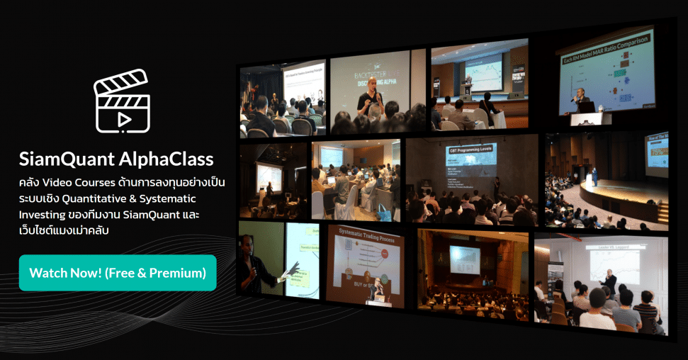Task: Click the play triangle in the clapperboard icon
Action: (x=124, y=119)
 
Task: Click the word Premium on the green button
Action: (x=175, y=272)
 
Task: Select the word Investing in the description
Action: (x=43, y=213)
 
